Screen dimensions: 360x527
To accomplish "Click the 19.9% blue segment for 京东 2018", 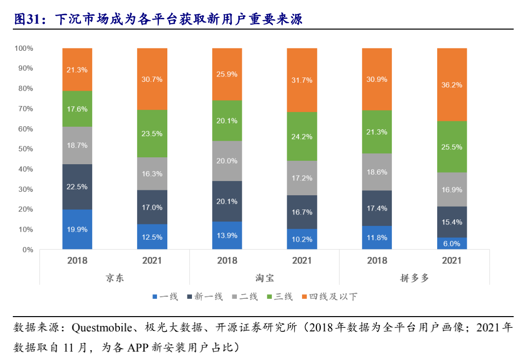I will (x=77, y=229).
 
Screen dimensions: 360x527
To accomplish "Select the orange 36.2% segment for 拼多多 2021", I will (x=452, y=84).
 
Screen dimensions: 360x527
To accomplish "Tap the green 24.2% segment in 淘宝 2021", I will (x=302, y=136).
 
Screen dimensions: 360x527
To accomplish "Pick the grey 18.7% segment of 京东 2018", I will (x=77, y=145).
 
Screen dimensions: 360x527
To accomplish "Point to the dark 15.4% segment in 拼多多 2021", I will (x=452, y=222).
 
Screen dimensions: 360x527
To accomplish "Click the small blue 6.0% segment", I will (x=452, y=244).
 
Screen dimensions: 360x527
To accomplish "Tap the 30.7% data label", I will (x=152, y=79).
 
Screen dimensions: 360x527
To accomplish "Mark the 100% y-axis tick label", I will (x=24, y=48).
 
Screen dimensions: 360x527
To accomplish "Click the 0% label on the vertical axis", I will (x=28, y=250).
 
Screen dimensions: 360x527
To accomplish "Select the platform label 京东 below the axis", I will (x=114, y=278).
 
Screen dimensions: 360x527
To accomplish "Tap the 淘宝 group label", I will (x=264, y=278).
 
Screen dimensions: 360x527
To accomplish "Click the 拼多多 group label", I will (x=414, y=278).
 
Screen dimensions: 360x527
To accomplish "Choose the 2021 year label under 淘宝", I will (x=302, y=260).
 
